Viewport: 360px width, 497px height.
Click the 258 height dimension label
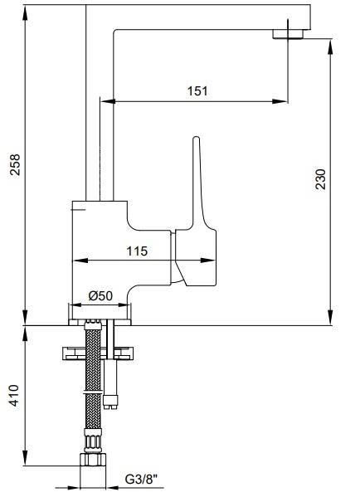(x=15, y=164)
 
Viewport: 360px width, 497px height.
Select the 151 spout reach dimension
(x=197, y=91)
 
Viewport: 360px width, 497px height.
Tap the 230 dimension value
(x=320, y=179)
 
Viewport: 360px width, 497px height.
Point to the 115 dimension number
(x=137, y=251)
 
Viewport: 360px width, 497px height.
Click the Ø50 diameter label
(x=100, y=295)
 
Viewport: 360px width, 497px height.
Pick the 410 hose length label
(x=14, y=395)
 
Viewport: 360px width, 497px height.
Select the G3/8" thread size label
(x=141, y=479)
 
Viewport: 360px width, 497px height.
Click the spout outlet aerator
(x=288, y=34)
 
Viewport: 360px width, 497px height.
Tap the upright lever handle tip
(x=197, y=139)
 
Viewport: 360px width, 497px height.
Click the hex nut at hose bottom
(x=93, y=460)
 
